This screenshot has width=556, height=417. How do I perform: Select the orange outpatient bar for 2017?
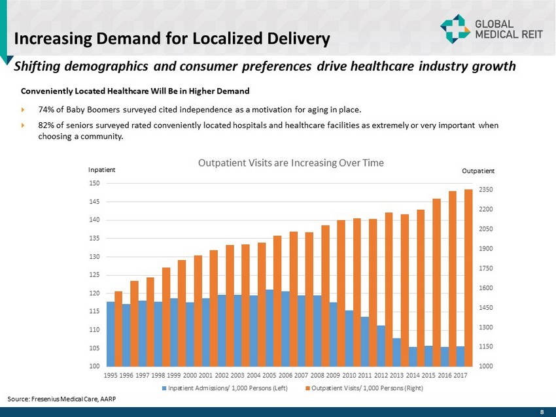coord(468,278)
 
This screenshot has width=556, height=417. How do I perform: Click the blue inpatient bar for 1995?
coord(111,333)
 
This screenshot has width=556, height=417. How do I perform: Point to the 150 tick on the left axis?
coord(94,184)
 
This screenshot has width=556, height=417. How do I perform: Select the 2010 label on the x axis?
coord(349,376)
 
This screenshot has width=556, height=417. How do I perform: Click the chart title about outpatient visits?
coord(291,162)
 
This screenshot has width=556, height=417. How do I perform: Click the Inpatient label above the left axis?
coord(101,169)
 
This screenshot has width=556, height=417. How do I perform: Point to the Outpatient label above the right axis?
coord(478,171)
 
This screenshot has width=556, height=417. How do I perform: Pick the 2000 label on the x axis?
coord(190,376)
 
